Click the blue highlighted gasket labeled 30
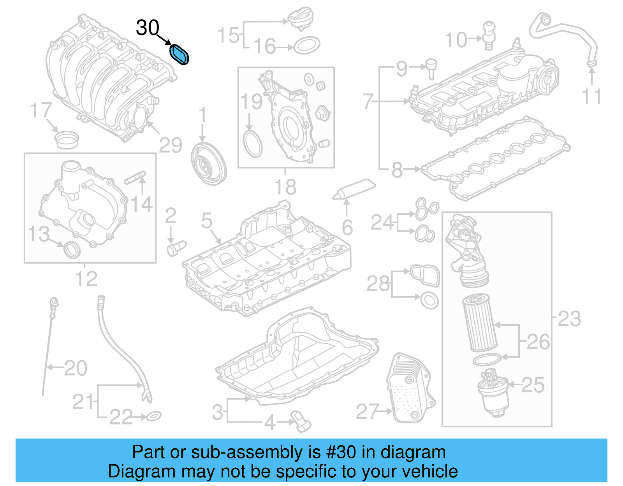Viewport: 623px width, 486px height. click(180, 54)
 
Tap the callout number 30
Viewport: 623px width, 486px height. click(147, 28)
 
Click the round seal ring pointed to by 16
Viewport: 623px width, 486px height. click(306, 46)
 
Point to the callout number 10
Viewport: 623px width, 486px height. click(456, 40)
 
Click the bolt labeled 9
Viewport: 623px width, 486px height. click(431, 68)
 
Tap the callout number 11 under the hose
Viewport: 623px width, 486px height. click(591, 96)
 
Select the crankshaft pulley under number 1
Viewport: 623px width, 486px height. click(209, 164)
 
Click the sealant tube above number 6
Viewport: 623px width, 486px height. click(354, 189)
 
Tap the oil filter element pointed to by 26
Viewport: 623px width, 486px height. click(480, 323)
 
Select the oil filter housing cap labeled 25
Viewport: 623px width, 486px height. click(493, 393)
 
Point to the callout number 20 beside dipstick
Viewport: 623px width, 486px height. click(76, 368)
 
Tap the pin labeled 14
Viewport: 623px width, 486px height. click(135, 178)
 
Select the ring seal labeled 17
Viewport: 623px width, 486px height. click(66, 139)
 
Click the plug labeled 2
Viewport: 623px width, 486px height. click(176, 247)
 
